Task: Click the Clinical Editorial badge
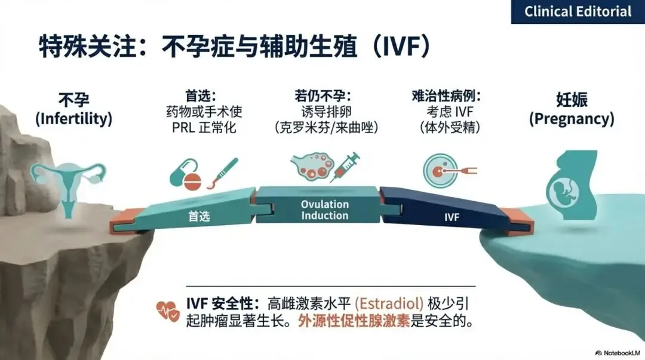[x=578, y=11]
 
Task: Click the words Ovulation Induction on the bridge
[x=324, y=210]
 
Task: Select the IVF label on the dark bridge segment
[x=451, y=218]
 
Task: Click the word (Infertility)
[x=74, y=118]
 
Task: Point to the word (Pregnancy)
[x=572, y=118]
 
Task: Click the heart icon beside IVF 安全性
[x=168, y=310]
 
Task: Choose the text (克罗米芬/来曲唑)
[x=326, y=127]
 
